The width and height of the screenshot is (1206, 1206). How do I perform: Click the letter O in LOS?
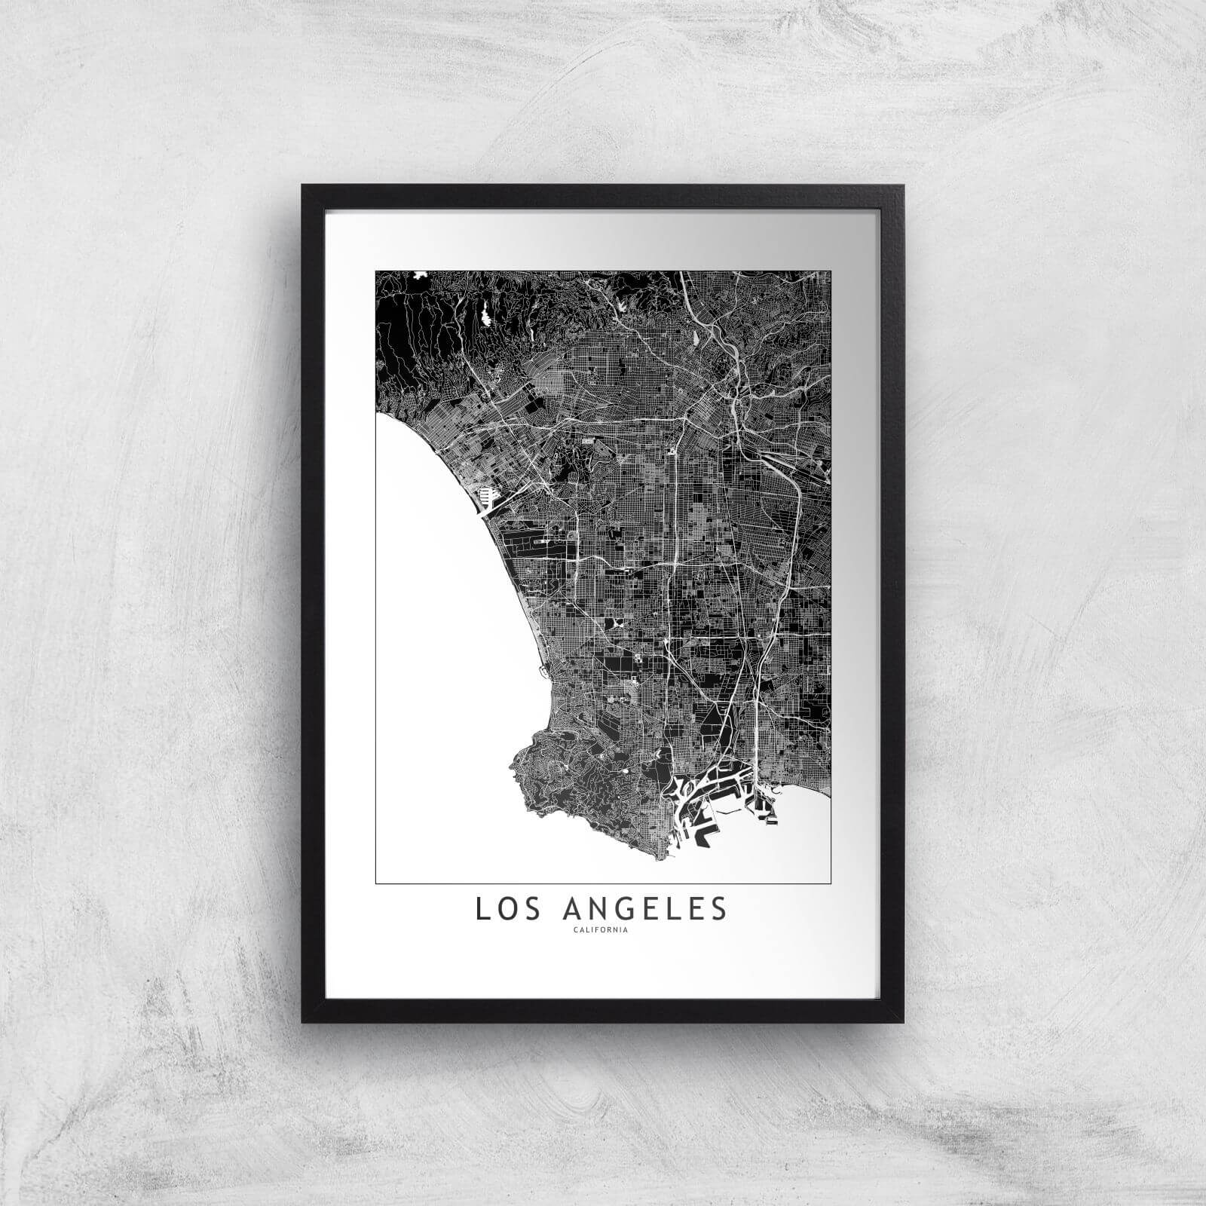(x=504, y=909)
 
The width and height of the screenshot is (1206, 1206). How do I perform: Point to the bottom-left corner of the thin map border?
(x=375, y=883)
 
